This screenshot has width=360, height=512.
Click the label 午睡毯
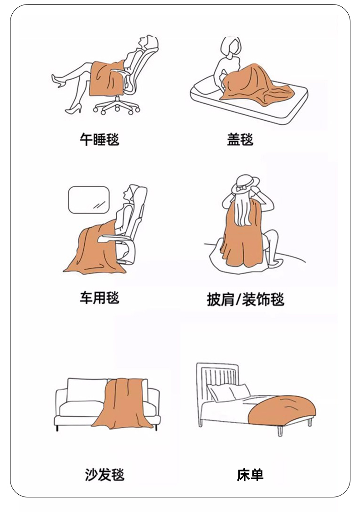point(99,139)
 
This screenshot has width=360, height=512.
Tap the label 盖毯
point(240,139)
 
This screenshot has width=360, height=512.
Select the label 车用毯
point(99,298)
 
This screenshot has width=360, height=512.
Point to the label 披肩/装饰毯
point(246,299)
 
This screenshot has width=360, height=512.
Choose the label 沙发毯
point(104,474)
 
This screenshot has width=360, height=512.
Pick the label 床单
point(250,475)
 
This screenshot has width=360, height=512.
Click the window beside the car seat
point(88,200)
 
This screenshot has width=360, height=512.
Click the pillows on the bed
point(229,392)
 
